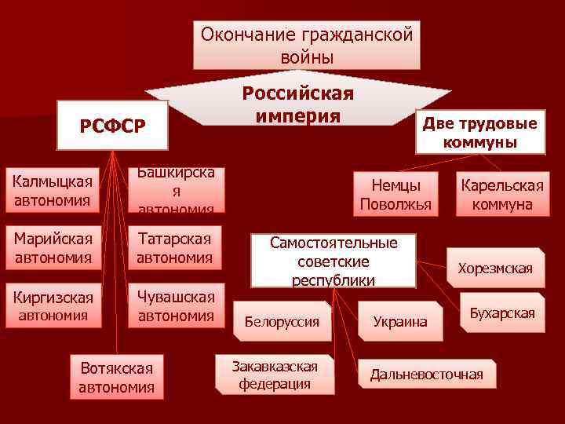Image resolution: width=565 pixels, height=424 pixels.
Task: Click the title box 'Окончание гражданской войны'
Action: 306,45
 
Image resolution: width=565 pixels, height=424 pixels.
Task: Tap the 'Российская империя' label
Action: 298,104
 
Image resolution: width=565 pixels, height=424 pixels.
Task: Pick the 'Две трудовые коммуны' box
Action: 479,133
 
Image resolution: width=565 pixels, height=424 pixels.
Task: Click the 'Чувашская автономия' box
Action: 176,306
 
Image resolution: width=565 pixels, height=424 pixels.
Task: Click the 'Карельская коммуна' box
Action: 501,194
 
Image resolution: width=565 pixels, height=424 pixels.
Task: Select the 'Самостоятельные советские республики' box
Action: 334,260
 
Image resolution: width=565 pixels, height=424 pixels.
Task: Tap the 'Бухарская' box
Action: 501,313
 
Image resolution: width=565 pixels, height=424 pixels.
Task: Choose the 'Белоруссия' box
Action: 282,321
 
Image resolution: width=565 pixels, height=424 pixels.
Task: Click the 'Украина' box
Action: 400,321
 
